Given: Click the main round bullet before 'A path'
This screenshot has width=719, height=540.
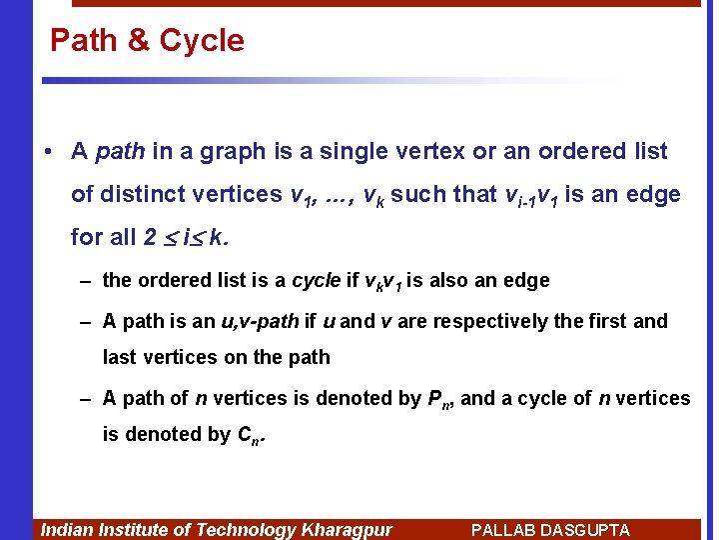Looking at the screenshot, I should [x=48, y=152].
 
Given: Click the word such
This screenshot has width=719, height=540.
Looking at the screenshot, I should [x=416, y=194].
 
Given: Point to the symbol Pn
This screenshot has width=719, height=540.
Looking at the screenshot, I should [x=438, y=399].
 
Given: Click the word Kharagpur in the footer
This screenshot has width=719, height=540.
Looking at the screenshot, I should [x=348, y=530].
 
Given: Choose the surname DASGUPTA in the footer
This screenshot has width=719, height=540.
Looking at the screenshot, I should [x=587, y=530].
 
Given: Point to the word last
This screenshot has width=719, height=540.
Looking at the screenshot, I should [x=118, y=358].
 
